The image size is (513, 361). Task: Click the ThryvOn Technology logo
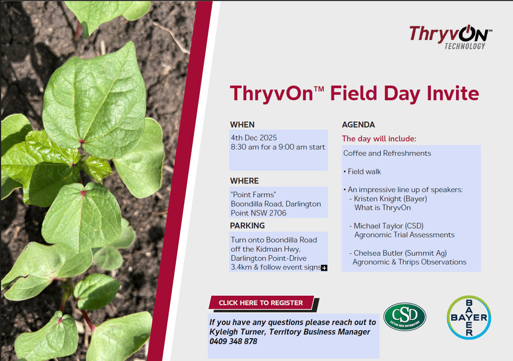(x=451, y=37)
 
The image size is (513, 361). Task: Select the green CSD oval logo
(x=405, y=317)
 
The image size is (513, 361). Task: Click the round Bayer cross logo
(x=469, y=317)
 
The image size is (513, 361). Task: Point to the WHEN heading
(x=242, y=125)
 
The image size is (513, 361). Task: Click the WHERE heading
(x=245, y=181)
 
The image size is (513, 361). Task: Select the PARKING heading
(x=247, y=226)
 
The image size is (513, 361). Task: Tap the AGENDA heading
(x=358, y=125)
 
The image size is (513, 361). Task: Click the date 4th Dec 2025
(x=254, y=138)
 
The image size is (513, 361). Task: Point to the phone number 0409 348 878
(x=233, y=341)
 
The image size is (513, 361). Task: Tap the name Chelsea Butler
(x=378, y=253)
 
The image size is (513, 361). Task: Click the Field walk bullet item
(x=362, y=172)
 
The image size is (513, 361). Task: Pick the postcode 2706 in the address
(x=278, y=213)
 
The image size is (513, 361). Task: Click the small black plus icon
(x=324, y=268)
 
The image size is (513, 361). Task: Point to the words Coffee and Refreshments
(x=387, y=153)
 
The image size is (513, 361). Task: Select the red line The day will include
(x=379, y=139)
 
